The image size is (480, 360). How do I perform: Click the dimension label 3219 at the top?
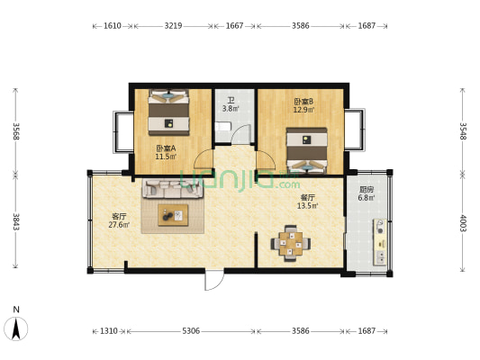(173, 26)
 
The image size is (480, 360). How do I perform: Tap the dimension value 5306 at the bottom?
(191, 330)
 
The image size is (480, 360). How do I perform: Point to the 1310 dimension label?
(109, 330)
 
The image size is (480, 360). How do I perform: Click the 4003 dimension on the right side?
(463, 223)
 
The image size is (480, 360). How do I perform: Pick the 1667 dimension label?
(234, 26)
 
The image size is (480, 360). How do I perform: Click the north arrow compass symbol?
(16, 328)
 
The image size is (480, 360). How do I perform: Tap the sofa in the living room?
(172, 188)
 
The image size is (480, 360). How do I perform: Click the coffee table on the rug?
(173, 215)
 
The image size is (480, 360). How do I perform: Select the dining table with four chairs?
(291, 244)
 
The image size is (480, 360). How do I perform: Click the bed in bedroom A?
(168, 112)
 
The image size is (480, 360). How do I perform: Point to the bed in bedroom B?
(307, 150)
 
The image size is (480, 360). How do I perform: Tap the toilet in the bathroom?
(221, 126)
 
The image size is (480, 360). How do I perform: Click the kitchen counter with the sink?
(380, 242)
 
